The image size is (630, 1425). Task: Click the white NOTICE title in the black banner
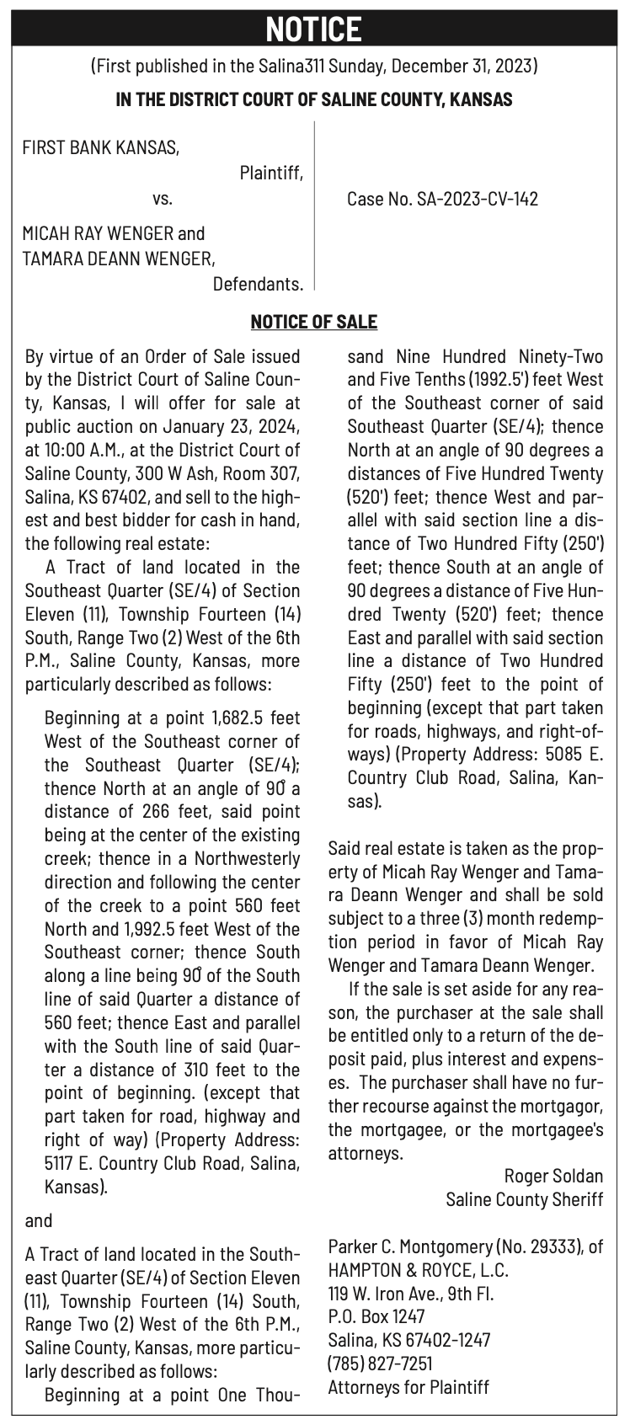coord(314,29)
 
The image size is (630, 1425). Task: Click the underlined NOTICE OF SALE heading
coord(314,322)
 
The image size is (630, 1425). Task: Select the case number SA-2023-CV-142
coord(477,199)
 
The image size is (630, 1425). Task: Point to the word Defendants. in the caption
coord(258,284)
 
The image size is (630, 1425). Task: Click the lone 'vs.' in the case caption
coord(163,199)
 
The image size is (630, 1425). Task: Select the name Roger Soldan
coord(553,1175)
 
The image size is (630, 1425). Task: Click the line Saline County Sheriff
coord(524,1198)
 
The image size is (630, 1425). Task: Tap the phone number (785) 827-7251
coord(380,1363)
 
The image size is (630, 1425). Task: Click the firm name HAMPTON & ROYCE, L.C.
coord(418,1269)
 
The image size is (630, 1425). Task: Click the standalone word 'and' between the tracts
coord(39,1220)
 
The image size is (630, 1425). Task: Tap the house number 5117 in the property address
coord(60,1164)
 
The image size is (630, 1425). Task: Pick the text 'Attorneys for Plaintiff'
coord(408,1386)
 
